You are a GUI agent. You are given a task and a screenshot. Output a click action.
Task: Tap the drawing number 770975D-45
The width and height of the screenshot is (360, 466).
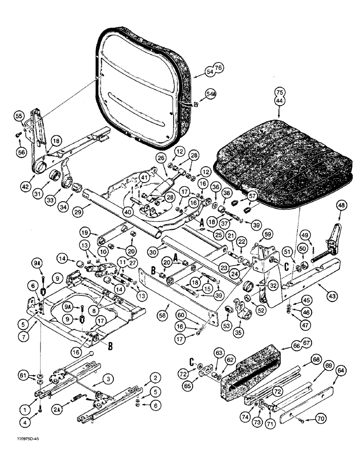tap(22, 452)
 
